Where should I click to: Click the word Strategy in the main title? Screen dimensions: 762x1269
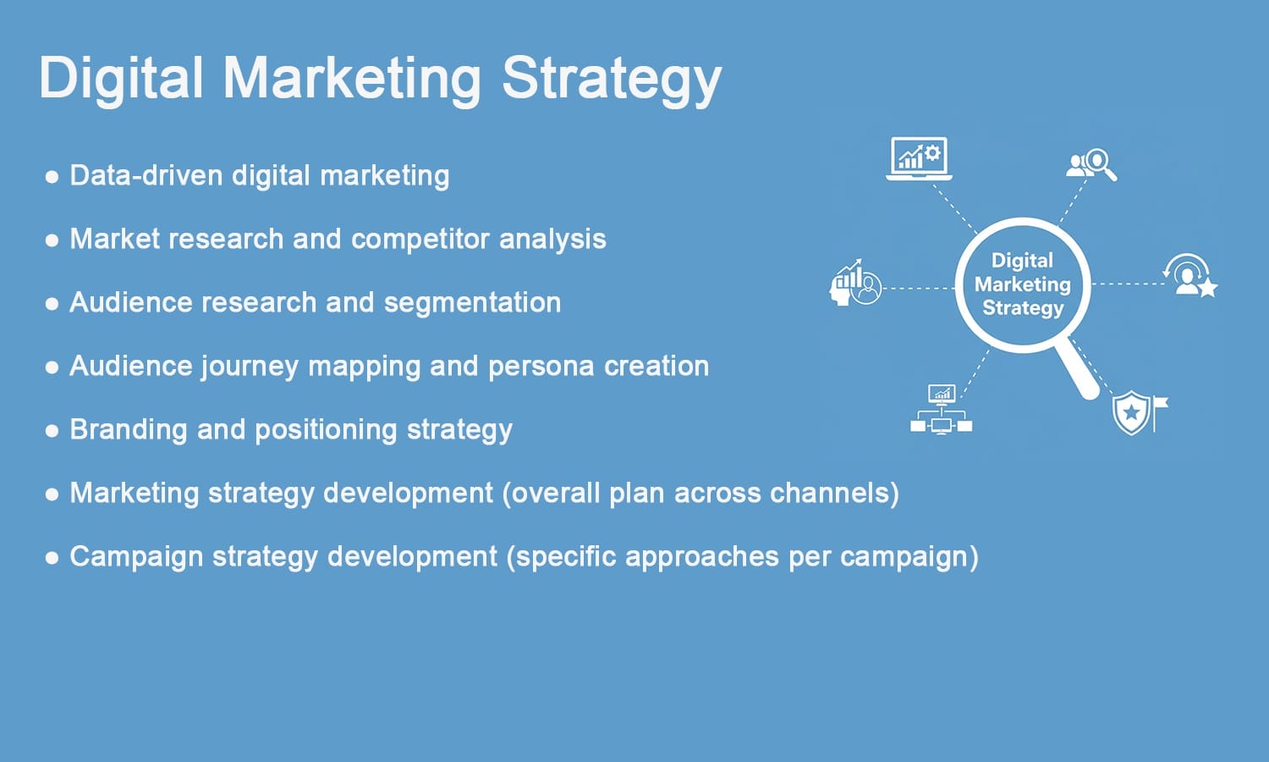[x=611, y=79]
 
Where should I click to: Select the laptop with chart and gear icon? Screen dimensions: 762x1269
[x=919, y=158]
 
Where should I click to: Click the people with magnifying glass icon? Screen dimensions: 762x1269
[x=1091, y=163]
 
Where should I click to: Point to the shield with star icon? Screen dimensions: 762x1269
[x=1134, y=412]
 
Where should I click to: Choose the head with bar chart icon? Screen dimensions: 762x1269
[x=855, y=284]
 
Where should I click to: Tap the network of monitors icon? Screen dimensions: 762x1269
[x=941, y=410]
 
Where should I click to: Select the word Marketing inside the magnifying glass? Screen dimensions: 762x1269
[x=1022, y=284]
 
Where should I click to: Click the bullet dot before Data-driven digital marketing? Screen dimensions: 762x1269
[x=52, y=177]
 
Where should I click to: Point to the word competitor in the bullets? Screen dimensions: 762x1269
[x=420, y=240]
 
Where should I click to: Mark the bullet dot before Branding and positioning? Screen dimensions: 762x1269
[x=52, y=431]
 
